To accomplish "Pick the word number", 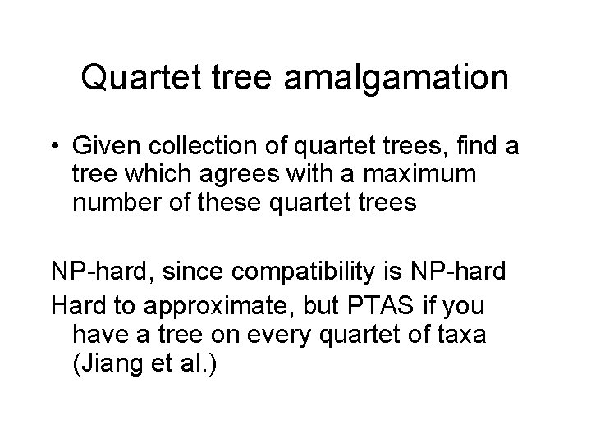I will pyautogui.click(x=112, y=202).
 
